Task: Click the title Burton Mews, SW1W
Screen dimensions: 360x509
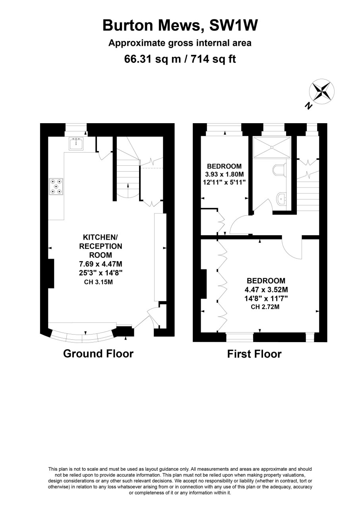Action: point(180,25)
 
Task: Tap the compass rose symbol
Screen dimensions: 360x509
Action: point(321,91)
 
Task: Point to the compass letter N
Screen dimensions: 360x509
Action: point(308,106)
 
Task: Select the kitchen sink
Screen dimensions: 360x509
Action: point(76,143)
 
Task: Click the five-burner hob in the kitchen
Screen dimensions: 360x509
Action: point(56,187)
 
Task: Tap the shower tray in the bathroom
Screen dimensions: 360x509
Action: point(272,147)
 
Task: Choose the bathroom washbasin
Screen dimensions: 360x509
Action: point(282,199)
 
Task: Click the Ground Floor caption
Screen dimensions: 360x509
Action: point(98,354)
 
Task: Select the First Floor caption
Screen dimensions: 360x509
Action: point(254,354)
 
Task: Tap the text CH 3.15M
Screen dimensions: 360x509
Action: point(99,282)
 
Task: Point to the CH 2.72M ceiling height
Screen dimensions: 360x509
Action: point(265,307)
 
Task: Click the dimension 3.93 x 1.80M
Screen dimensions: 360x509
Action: point(225,174)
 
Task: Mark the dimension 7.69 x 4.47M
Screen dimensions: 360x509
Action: point(101,264)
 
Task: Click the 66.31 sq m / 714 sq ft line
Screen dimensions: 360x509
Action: point(180,59)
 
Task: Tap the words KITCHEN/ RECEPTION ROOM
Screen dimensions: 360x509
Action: point(101,246)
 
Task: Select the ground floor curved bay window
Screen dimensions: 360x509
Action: point(82,337)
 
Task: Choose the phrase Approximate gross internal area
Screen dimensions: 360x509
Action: point(180,43)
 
